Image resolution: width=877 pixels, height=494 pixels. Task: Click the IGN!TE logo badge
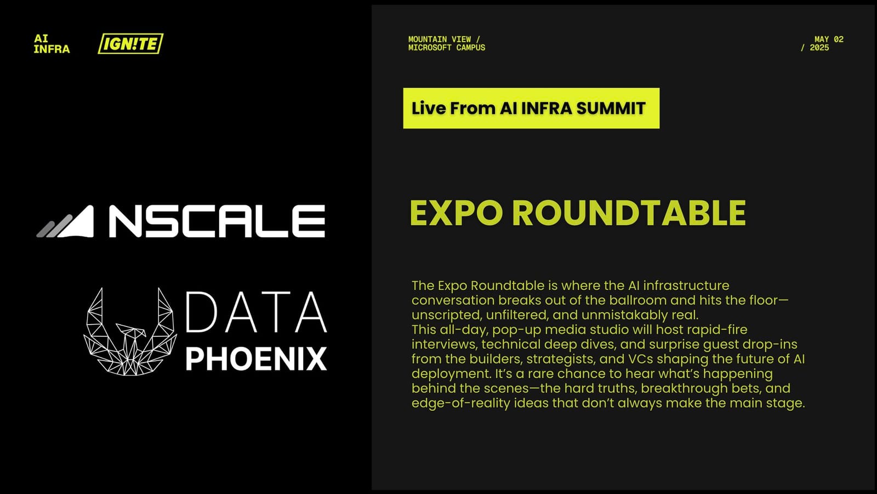pyautogui.click(x=130, y=44)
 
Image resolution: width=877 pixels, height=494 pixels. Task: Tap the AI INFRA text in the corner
pyautogui.click(x=52, y=44)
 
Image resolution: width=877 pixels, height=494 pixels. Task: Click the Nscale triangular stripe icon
pyautogui.click(x=66, y=222)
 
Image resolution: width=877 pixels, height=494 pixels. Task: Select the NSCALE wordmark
pyautogui.click(x=217, y=221)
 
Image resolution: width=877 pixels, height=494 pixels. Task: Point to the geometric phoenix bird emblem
pyautogui.click(x=130, y=332)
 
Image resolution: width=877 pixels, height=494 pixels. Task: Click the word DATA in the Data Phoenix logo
pyautogui.click(x=256, y=312)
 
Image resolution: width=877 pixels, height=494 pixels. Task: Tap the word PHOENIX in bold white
pyautogui.click(x=256, y=359)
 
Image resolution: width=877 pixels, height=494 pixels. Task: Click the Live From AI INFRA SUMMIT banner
pyautogui.click(x=531, y=108)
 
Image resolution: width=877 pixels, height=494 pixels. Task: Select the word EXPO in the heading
pyautogui.click(x=456, y=213)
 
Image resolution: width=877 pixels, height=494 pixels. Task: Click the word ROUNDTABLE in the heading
pyautogui.click(x=629, y=213)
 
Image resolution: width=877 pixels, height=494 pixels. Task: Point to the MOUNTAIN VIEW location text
pyautogui.click(x=440, y=39)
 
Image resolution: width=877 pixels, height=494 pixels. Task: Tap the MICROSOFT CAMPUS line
pyautogui.click(x=447, y=48)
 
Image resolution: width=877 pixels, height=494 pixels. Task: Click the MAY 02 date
pyautogui.click(x=829, y=39)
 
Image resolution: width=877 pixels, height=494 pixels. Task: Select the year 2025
pyautogui.click(x=819, y=48)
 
